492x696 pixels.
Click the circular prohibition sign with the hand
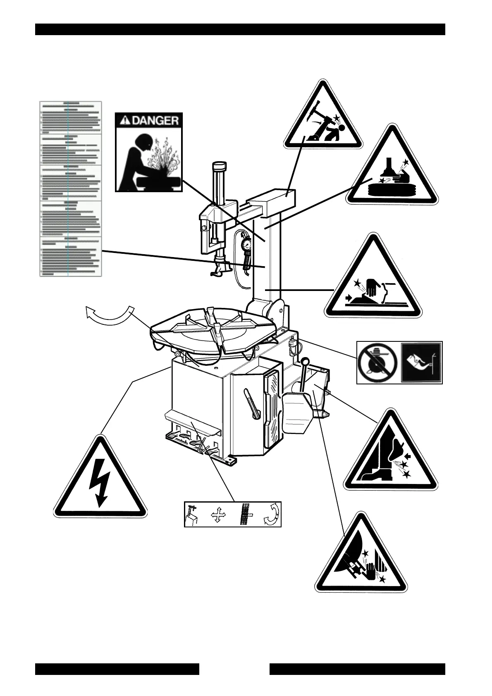point(377,363)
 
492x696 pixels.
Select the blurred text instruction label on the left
point(70,188)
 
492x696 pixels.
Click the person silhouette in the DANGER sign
point(136,165)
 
